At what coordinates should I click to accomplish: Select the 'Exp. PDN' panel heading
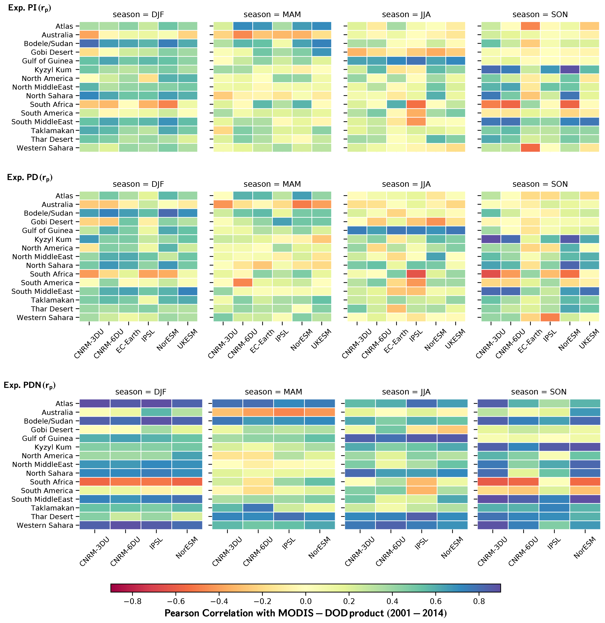[29, 385]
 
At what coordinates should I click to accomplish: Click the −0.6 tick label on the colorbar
[176, 601]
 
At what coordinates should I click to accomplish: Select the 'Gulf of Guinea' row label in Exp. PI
[47, 61]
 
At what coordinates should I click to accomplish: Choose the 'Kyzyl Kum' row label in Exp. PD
[53, 239]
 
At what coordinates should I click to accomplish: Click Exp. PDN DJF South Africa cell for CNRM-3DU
[95, 482]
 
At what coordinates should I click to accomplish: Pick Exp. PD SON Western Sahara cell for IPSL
[550, 317]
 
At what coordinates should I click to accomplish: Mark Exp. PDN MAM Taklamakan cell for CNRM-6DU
[258, 508]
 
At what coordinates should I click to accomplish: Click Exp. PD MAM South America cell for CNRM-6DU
[243, 282]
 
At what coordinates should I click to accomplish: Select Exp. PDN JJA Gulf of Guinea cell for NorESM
[452, 438]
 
